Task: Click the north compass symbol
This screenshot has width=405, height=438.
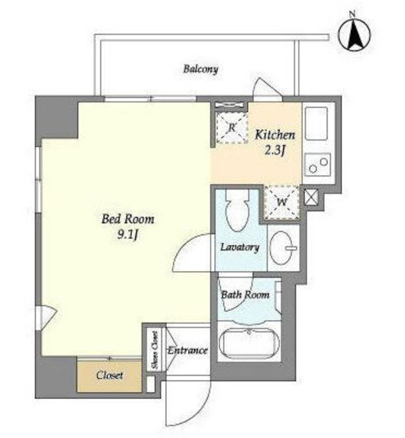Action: (x=354, y=34)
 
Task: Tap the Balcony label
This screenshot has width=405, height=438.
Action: (x=200, y=69)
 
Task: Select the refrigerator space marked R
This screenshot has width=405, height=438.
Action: (x=232, y=128)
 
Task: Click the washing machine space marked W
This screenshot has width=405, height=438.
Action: (x=282, y=202)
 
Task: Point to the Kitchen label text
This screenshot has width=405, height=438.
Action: (x=275, y=135)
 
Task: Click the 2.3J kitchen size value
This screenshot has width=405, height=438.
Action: (x=274, y=151)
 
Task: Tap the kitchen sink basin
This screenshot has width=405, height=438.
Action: (x=316, y=123)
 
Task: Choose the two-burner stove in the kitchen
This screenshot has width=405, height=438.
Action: (x=317, y=164)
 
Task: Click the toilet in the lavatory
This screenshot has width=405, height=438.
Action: (x=237, y=211)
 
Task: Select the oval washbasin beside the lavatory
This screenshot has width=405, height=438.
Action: (x=283, y=248)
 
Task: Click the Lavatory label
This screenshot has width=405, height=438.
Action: (x=239, y=247)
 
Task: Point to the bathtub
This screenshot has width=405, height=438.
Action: (x=249, y=343)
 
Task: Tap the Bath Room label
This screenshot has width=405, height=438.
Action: (x=245, y=295)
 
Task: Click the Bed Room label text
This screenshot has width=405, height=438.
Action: (x=128, y=219)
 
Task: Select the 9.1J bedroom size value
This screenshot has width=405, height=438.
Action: (x=128, y=235)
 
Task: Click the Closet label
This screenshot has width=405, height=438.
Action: (x=109, y=375)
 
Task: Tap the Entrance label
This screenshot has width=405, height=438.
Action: (x=187, y=350)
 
